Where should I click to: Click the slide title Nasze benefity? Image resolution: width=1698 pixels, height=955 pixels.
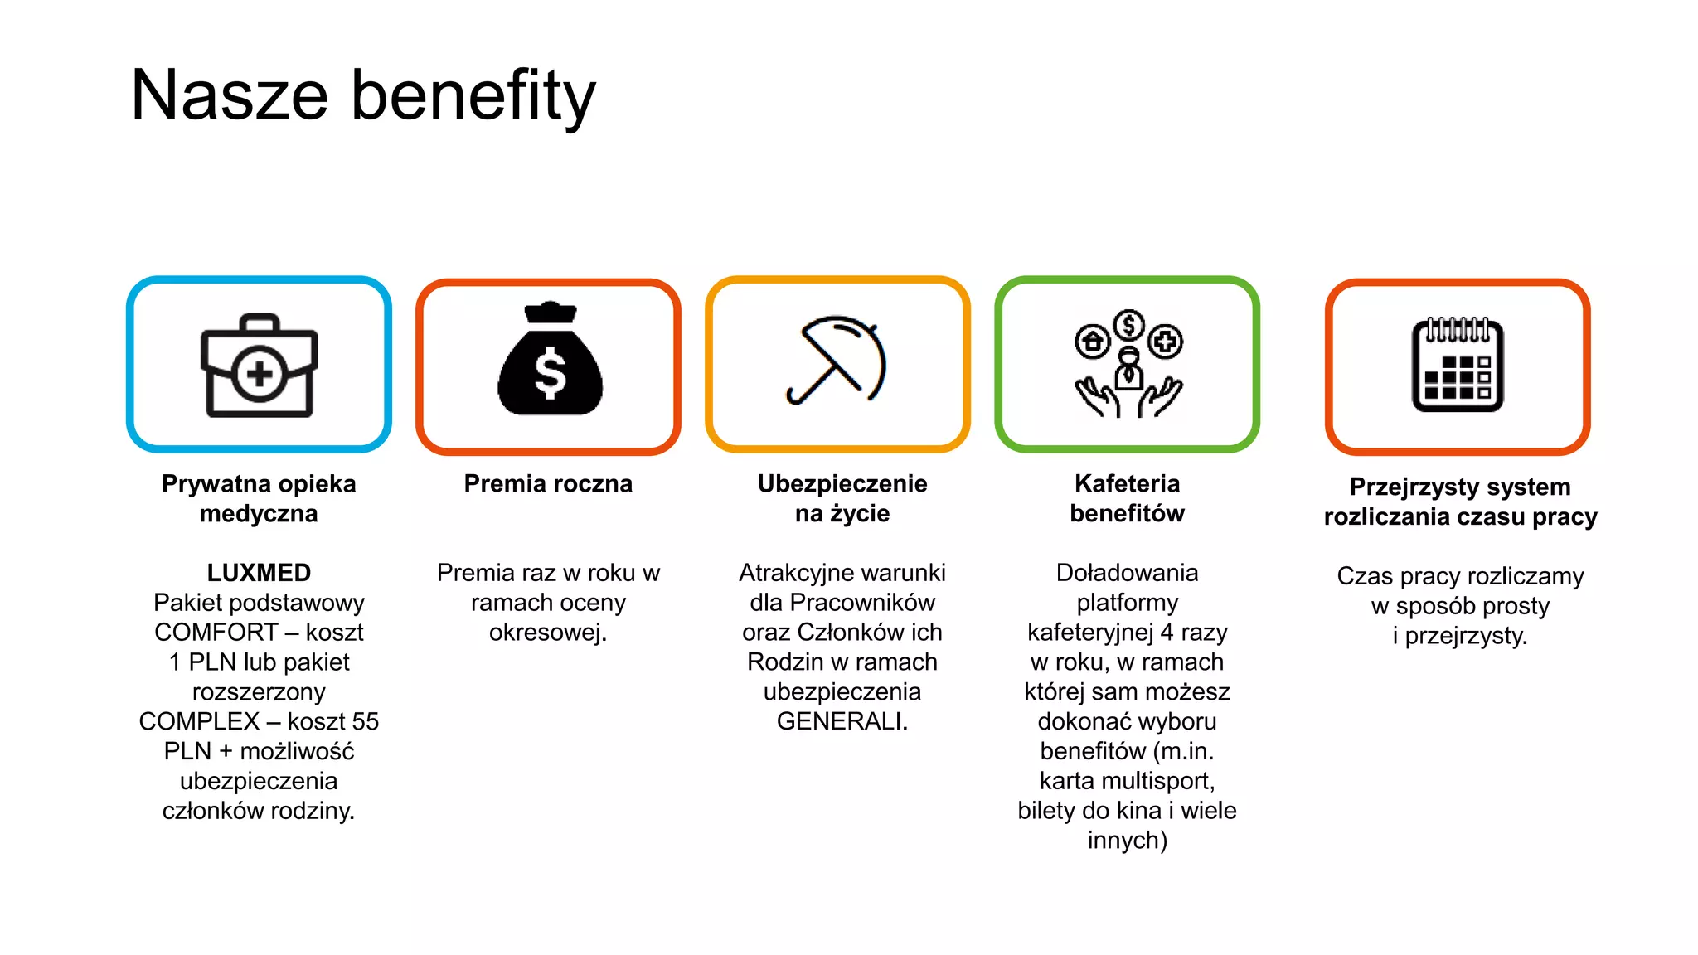point(363,95)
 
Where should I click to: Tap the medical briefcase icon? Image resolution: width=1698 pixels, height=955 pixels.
point(259,366)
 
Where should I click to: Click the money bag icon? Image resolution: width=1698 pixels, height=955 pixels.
point(550,361)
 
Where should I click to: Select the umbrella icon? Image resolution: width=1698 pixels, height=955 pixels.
point(837,361)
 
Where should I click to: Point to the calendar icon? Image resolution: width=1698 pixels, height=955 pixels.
point(1458,365)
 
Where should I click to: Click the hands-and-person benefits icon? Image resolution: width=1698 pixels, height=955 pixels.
point(1128,365)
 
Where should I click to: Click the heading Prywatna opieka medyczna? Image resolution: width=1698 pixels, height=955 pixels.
point(259,498)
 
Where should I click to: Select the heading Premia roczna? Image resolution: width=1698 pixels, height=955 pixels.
point(548,483)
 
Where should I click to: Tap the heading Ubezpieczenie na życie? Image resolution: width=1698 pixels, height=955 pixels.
point(842,498)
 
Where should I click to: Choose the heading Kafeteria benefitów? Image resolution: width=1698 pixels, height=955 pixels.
point(1127,498)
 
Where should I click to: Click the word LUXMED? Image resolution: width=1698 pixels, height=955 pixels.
point(259,573)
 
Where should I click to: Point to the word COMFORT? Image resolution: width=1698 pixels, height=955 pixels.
point(216,633)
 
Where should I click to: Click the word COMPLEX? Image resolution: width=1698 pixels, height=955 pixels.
point(199,721)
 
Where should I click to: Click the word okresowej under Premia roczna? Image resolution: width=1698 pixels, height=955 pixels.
point(547,633)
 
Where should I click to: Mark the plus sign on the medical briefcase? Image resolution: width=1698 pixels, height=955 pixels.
point(260,373)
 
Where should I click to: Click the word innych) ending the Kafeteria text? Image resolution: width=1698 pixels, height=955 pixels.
point(1127,841)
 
